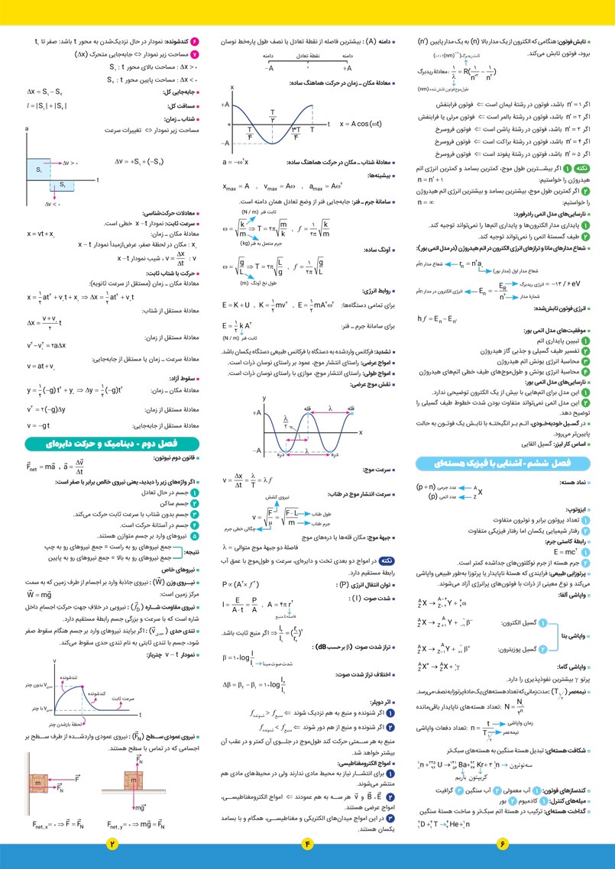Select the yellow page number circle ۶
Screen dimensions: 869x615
click(503, 844)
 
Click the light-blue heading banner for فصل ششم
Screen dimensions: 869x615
click(503, 463)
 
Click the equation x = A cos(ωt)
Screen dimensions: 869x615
click(361, 123)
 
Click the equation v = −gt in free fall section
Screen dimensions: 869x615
click(38, 425)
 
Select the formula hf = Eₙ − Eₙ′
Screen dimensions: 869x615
click(438, 318)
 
